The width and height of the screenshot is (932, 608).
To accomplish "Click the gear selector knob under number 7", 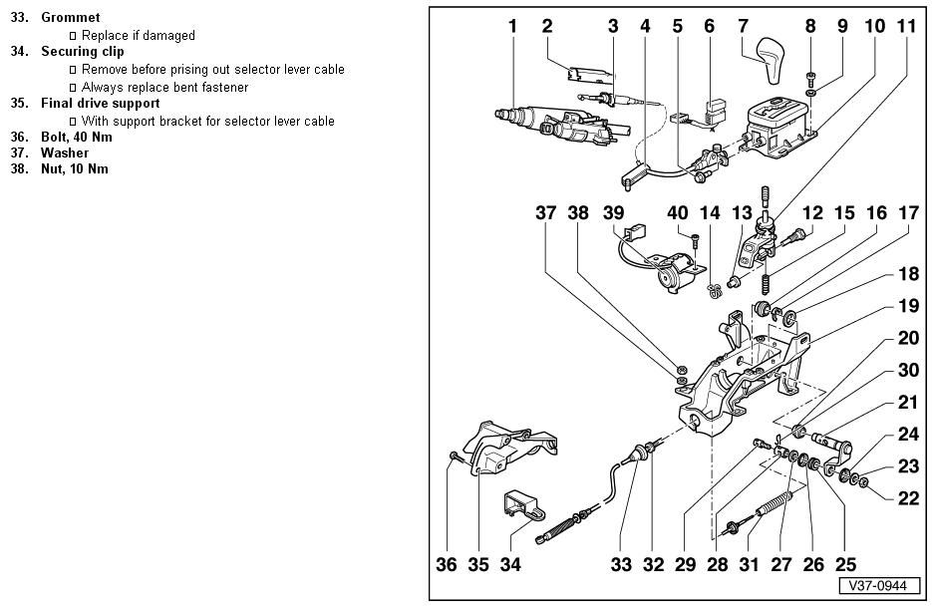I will pyautogui.click(x=771, y=61).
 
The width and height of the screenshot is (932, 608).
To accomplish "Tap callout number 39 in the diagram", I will pyautogui.click(x=613, y=212).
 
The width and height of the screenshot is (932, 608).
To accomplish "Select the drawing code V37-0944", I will pyautogui.click(x=878, y=586).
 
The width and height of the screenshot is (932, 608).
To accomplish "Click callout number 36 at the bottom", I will pyautogui.click(x=448, y=565).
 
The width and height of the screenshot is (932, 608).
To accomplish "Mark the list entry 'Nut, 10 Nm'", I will pyautogui.click(x=74, y=169).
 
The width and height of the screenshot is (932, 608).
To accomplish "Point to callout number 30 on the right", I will pyautogui.click(x=908, y=370).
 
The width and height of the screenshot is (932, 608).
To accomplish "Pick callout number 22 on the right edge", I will pyautogui.click(x=908, y=498).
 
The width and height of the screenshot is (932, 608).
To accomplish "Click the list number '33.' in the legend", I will pyautogui.click(x=19, y=18).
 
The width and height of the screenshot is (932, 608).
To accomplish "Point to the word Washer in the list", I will pyautogui.click(x=64, y=153).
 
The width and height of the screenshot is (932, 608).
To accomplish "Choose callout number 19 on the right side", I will pyautogui.click(x=908, y=305).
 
